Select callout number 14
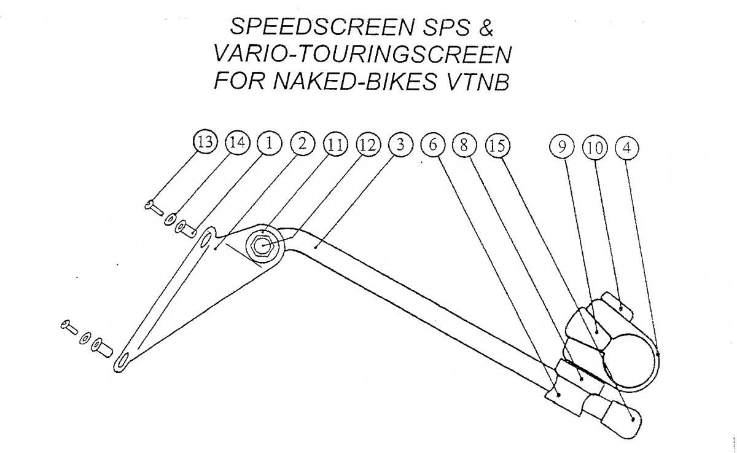(238, 143)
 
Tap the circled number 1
(269, 143)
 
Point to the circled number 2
(302, 143)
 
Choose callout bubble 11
(335, 144)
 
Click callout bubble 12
(367, 144)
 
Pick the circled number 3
(400, 144)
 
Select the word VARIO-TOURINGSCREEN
(362, 55)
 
